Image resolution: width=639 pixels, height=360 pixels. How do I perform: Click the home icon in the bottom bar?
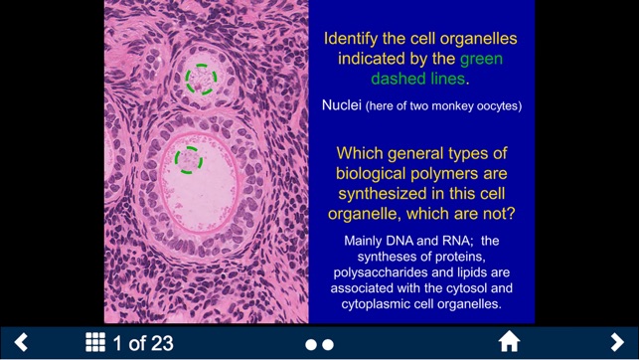point(509,343)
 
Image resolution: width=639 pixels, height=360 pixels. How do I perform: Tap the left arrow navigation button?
point(21,343)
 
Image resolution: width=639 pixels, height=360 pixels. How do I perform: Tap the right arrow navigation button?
point(617,343)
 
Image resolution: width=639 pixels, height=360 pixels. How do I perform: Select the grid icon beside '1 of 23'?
point(95,343)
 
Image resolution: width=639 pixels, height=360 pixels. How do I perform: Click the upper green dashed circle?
point(200,78)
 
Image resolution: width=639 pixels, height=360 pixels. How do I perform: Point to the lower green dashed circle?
point(188,158)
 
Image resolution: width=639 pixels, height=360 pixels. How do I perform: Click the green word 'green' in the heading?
point(481,59)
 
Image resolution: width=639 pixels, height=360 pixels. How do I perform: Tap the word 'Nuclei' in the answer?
point(341,104)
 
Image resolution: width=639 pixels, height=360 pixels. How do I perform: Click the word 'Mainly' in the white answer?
point(367,241)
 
